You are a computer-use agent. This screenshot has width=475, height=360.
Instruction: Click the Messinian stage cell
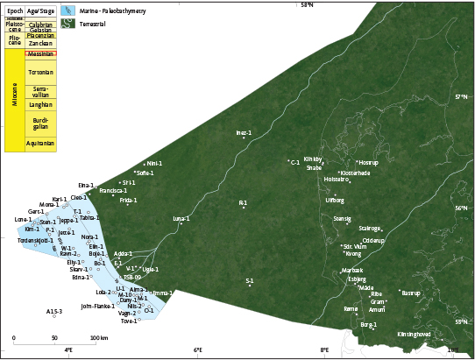pyautogui.click(x=41, y=54)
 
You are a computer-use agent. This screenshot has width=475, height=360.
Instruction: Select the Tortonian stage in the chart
pyautogui.click(x=41, y=72)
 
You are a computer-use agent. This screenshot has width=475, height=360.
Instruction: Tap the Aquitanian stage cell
pyautogui.click(x=41, y=143)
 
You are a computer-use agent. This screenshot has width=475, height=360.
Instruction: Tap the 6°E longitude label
pyautogui.click(x=198, y=351)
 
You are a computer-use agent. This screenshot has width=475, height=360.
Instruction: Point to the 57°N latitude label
pyautogui.click(x=462, y=96)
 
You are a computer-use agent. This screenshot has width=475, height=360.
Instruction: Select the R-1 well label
pyautogui.click(x=243, y=202)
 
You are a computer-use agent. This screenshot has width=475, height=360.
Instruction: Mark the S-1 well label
pyautogui.click(x=250, y=280)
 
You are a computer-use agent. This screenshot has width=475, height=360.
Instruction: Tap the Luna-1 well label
pyautogui.click(x=181, y=217)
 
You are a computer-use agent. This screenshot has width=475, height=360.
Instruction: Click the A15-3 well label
pyautogui.click(x=54, y=311)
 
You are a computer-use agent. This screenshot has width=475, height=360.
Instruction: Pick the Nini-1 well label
pyautogui.click(x=154, y=163)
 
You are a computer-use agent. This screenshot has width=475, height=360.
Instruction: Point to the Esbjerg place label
pyautogui.click(x=357, y=279)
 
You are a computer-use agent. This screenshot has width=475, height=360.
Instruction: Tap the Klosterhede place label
pyautogui.click(x=355, y=173)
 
